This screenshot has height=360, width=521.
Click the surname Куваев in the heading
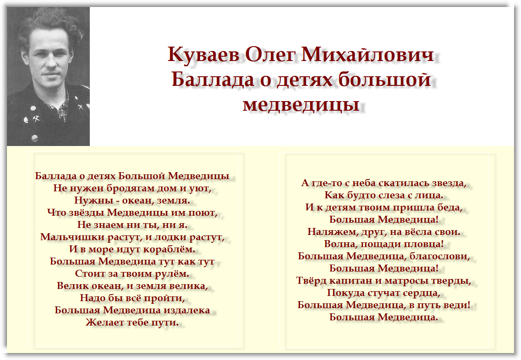pyautogui.click(x=203, y=54)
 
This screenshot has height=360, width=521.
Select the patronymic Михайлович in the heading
pyautogui.click(x=368, y=54)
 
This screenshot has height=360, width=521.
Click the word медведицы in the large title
pyautogui.click(x=301, y=104)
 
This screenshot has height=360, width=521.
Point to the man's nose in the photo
pyautogui.click(x=51, y=60)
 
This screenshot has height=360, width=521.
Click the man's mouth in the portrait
pyautogui.click(x=50, y=74)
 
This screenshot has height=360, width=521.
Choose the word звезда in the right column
pyautogui.click(x=449, y=183)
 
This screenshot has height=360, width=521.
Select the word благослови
pyautogui.click(x=439, y=256)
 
